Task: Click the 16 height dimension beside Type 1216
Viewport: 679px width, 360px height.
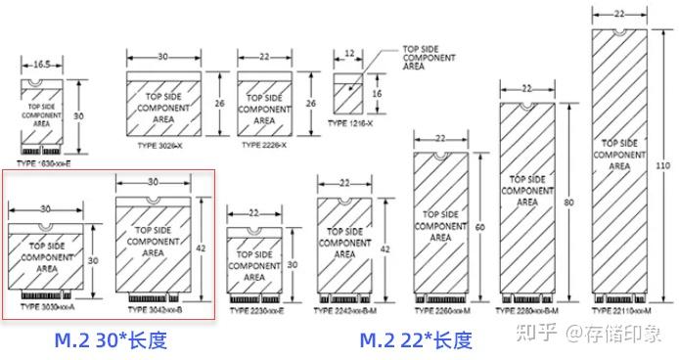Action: coord(378,95)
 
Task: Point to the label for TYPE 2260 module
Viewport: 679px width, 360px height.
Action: coord(439,310)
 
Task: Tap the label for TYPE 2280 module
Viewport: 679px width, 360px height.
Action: coord(529,310)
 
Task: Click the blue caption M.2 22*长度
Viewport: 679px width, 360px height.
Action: coord(416,339)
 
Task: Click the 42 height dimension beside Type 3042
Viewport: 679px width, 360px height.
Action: coord(201,247)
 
